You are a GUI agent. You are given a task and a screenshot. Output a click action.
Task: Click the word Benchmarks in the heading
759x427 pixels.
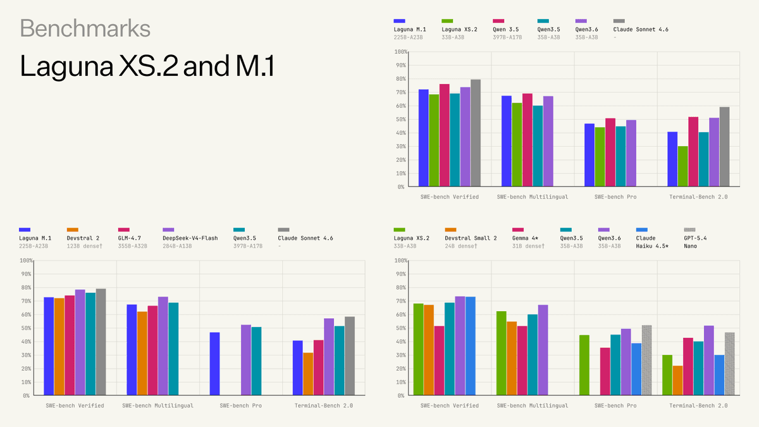point(85,28)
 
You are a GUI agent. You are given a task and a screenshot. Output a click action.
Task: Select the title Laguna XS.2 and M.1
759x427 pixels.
point(147,66)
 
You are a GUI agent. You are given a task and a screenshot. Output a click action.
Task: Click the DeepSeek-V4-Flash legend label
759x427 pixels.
point(190,238)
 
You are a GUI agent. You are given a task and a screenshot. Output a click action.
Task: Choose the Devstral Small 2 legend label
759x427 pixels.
point(471,238)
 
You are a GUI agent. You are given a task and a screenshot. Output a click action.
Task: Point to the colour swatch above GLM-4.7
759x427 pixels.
point(123,229)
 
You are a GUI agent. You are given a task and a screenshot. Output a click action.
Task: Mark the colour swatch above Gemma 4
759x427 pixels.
point(518,229)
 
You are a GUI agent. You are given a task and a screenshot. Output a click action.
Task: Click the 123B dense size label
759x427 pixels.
point(84,245)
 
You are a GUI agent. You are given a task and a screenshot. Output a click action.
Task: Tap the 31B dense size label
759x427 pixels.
point(528,245)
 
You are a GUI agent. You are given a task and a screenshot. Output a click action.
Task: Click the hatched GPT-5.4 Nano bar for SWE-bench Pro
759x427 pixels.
point(646,360)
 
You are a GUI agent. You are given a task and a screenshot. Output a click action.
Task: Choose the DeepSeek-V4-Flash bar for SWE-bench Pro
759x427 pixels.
point(246,360)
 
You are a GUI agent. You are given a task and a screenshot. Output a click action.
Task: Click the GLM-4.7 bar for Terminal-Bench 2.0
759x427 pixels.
point(318,368)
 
